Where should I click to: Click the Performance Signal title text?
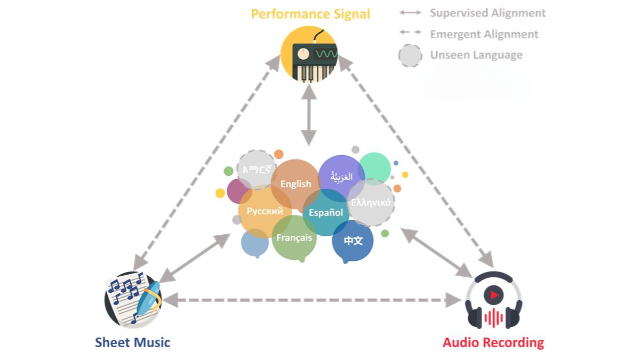[310, 14]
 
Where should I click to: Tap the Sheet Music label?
[133, 342]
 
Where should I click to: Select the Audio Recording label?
[493, 342]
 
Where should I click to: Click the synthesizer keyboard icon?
[309, 54]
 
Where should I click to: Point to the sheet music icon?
[133, 299]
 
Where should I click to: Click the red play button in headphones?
[494, 295]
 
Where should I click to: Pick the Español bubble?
[326, 212]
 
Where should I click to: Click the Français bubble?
[294, 238]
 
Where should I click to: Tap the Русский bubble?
[265, 211]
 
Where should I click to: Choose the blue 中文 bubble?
[353, 241]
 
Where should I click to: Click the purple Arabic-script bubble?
[341, 177]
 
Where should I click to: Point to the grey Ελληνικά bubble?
[371, 203]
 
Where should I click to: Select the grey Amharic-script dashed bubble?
[257, 169]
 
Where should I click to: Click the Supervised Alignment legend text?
[487, 13]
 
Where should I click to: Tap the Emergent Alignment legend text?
[484, 34]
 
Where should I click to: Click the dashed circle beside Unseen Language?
[410, 55]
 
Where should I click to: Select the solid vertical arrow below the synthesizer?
[309, 115]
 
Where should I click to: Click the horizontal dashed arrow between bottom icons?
[311, 300]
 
